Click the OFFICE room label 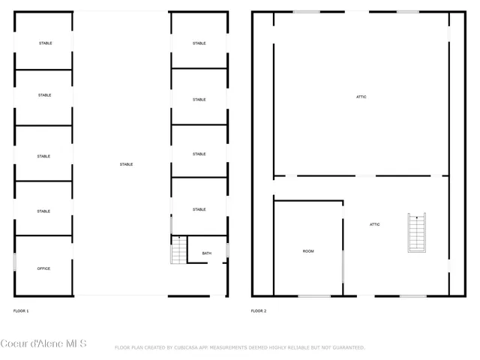click(x=43, y=268)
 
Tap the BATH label click(x=206, y=253)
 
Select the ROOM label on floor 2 click(x=308, y=251)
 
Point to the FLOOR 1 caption click(x=21, y=310)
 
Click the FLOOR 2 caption click(x=259, y=310)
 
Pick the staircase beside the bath click(x=178, y=250)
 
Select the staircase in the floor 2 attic click(x=416, y=232)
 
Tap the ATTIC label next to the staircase click(x=374, y=224)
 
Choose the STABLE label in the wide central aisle click(x=126, y=164)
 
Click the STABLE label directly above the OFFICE click(x=43, y=211)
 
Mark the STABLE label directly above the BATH click(x=199, y=209)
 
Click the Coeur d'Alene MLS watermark click(x=43, y=344)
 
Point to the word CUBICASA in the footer click(x=194, y=348)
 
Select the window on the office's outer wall click(x=14, y=262)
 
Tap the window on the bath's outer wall click(x=227, y=250)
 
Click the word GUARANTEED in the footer click(x=346, y=348)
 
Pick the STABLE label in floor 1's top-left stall click(x=45, y=43)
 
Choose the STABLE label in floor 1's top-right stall click(x=199, y=43)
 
